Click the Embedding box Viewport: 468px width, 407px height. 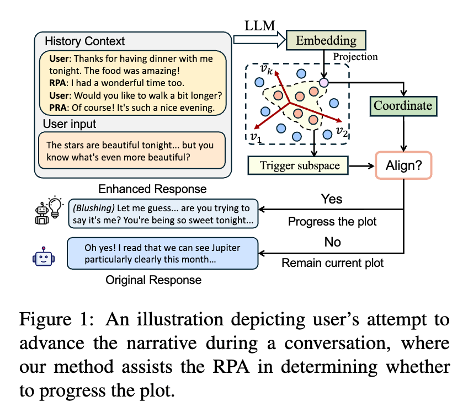(326, 40)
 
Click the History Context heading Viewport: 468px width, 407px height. (85, 41)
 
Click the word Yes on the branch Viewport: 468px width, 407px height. (332, 199)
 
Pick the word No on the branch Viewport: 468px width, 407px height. (333, 242)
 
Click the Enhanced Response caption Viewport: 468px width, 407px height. (152, 189)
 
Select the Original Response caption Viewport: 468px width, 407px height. (153, 280)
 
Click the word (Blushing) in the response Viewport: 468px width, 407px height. (92, 208)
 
